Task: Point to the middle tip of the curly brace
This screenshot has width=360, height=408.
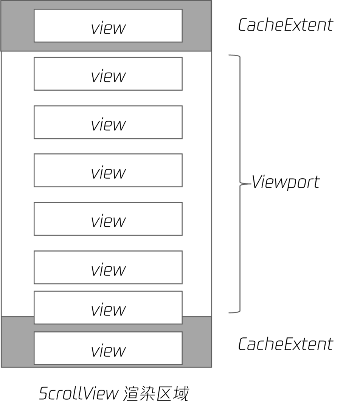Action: tap(250, 184)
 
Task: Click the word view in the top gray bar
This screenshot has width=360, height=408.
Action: tap(108, 29)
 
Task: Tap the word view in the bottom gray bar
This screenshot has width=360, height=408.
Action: tap(108, 351)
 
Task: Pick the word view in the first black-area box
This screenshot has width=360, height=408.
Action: tap(108, 76)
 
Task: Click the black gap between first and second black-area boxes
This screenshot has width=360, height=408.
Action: tap(108, 98)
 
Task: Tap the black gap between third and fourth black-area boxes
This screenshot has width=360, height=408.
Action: tap(108, 195)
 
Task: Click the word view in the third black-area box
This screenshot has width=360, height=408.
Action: tap(108, 173)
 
